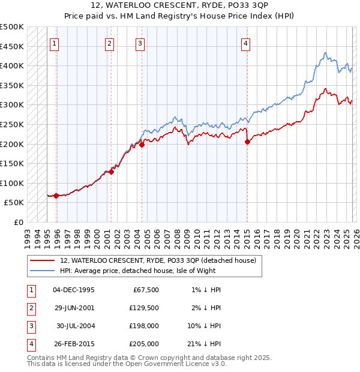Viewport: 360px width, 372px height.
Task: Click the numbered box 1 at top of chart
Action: point(55,43)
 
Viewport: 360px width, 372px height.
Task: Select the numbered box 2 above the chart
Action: point(110,43)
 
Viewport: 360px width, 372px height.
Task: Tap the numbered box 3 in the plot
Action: point(140,43)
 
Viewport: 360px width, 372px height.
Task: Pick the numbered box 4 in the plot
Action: point(246,43)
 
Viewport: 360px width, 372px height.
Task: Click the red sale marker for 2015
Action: point(247,142)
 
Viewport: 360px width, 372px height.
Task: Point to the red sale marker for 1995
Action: point(56,196)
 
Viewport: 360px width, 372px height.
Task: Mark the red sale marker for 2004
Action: point(142,145)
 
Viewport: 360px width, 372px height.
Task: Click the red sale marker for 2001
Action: point(112,172)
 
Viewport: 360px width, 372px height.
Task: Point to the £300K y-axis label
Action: point(12,105)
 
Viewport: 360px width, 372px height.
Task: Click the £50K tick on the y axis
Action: point(14,203)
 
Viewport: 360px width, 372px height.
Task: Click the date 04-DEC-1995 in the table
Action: point(74,290)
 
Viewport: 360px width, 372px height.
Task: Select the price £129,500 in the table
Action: point(143,308)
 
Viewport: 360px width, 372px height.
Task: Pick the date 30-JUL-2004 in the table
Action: point(74,326)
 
